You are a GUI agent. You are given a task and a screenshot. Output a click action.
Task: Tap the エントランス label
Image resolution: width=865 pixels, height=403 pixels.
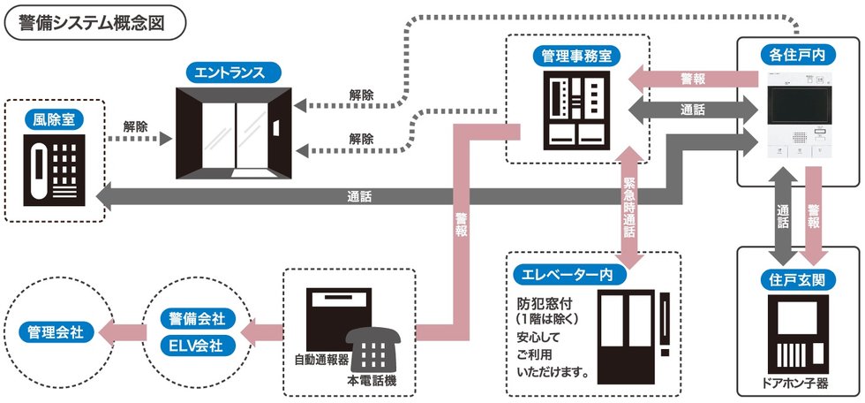(x=235, y=73)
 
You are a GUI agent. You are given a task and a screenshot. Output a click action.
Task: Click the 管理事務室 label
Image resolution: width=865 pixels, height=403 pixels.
(x=577, y=56)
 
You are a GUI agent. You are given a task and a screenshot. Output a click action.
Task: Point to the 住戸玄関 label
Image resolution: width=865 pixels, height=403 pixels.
(x=798, y=281)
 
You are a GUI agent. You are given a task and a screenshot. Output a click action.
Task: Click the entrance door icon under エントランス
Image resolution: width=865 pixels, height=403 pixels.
(x=235, y=132)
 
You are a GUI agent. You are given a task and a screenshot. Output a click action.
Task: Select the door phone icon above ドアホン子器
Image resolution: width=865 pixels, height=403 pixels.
(x=798, y=334)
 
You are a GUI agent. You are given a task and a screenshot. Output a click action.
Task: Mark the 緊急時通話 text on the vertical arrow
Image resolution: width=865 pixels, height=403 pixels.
(x=629, y=208)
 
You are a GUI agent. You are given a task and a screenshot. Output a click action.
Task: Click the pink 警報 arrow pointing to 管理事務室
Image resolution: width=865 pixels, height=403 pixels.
(x=693, y=79)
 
